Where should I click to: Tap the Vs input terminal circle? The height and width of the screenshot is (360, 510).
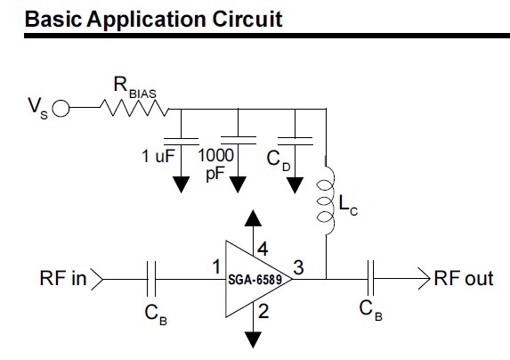coord(61,110)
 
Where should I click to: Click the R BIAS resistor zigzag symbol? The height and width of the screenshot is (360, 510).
coord(134,110)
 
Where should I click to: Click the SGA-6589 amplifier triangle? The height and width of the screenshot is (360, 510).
coord(253,278)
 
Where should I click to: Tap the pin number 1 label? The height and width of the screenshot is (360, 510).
coord(215,266)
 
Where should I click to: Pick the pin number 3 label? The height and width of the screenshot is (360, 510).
coord(299,266)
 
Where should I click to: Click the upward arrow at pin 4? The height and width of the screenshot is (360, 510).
coord(254,218)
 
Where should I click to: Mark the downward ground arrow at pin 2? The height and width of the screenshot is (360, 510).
coord(254,337)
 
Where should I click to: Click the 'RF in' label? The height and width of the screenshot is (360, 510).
coord(63,279)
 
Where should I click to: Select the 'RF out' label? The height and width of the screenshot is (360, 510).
coord(463,279)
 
